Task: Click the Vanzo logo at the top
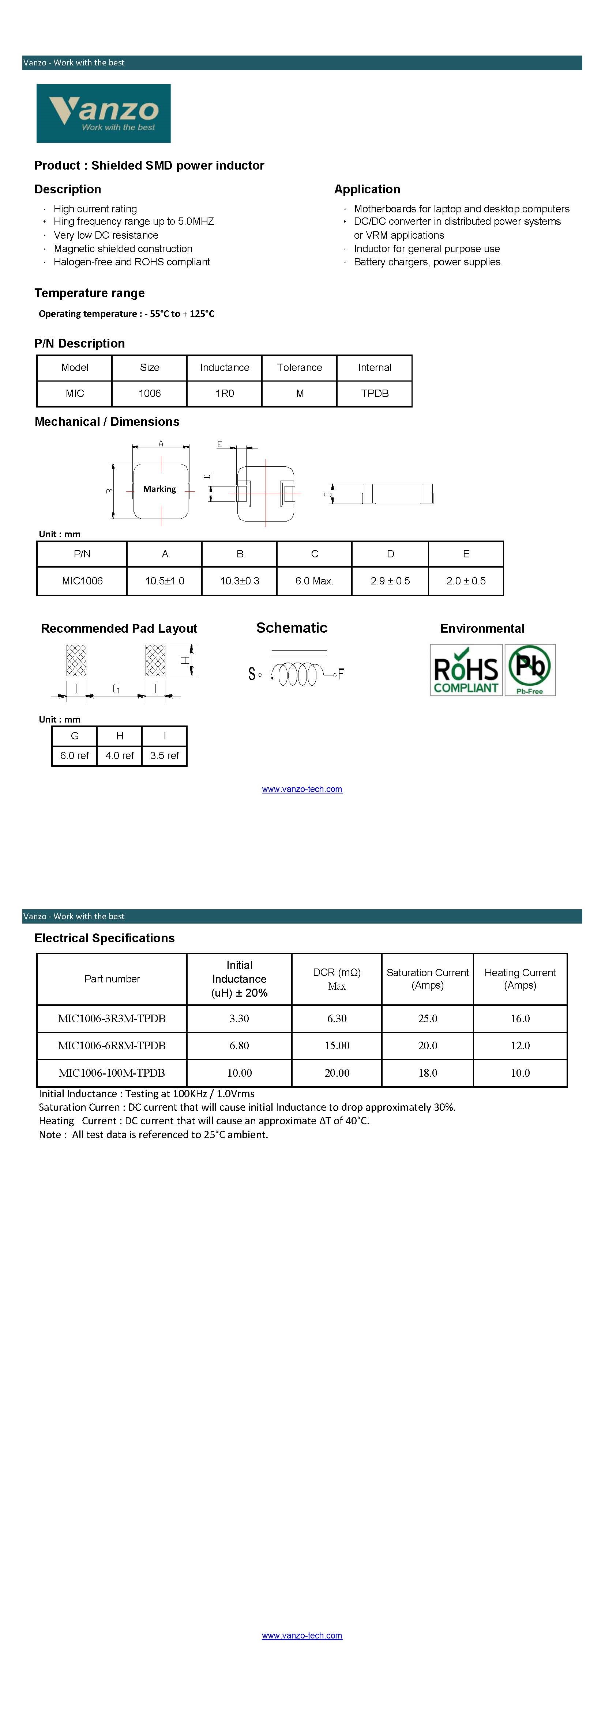(104, 113)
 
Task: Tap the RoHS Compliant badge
(466, 670)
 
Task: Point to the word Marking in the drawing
(159, 489)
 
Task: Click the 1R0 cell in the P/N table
(225, 393)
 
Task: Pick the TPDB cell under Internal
(375, 393)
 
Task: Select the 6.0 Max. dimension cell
(314, 581)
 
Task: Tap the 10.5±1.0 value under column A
(165, 581)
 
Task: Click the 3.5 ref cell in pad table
(165, 756)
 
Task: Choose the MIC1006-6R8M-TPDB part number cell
(112, 1046)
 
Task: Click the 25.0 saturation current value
(428, 1018)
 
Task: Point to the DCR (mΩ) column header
(337, 973)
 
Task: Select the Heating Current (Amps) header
(520, 978)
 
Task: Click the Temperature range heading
(90, 293)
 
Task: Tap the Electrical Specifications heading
(104, 938)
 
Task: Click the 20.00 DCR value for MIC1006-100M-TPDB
(337, 1073)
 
